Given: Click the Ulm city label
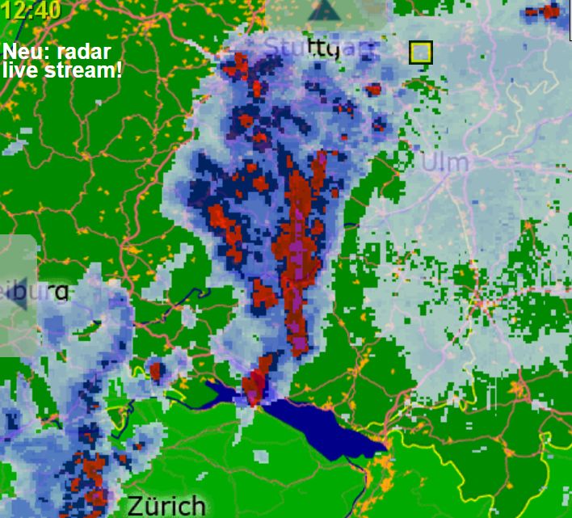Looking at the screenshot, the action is (444, 162).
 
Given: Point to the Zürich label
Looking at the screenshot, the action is (165, 506).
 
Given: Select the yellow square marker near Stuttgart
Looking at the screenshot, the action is (420, 53).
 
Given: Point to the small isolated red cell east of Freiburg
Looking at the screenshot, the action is (157, 372).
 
